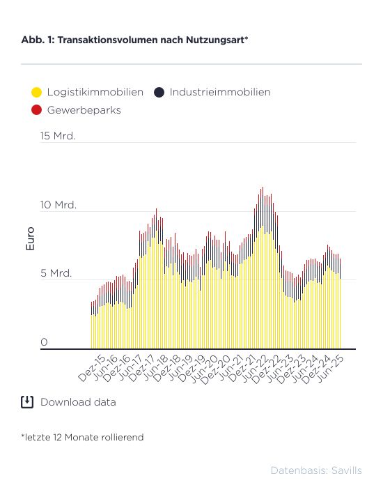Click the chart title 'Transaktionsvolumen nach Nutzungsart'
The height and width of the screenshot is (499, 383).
153,40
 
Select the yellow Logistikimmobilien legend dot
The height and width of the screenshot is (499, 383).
37,92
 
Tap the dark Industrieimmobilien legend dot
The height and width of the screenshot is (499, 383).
159,92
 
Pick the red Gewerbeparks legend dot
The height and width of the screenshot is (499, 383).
37,110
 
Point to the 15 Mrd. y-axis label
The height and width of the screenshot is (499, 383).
58,136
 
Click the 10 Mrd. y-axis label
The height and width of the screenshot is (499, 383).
58,205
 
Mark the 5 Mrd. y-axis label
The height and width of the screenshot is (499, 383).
56,273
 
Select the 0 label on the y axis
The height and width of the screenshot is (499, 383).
44,342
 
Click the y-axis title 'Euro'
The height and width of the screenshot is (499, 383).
30,238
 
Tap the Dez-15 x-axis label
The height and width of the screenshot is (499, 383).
92,369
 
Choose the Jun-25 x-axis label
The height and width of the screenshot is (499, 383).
331,369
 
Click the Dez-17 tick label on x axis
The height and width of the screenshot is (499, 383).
141,369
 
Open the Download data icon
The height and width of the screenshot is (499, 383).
27,402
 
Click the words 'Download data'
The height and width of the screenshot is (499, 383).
78,402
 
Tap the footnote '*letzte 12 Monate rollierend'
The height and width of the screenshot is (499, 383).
82,437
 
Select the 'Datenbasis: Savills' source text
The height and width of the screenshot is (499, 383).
316,470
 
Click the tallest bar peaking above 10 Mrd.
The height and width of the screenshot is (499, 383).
263,268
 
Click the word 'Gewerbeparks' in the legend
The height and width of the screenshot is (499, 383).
84,110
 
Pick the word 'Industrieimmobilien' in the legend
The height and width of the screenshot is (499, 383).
220,92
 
